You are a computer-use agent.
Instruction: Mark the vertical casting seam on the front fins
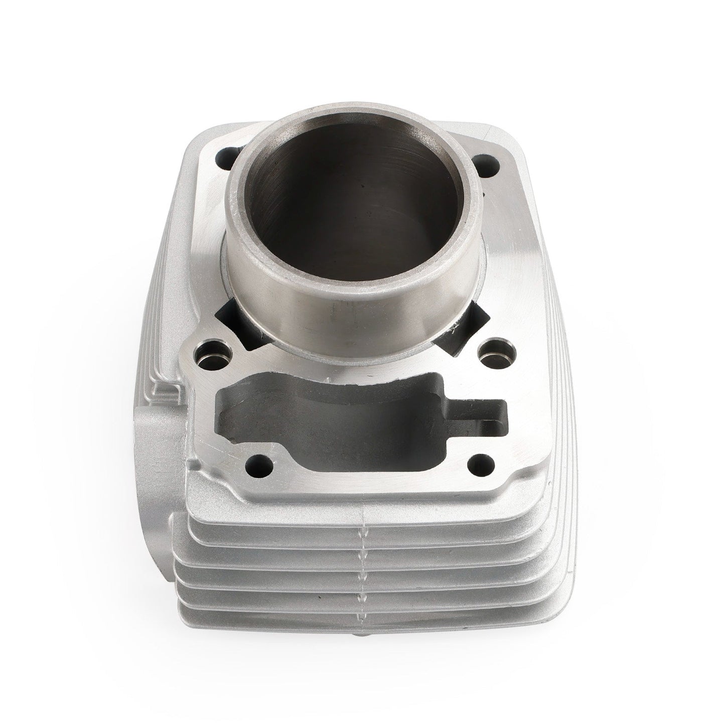point(362,557)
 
